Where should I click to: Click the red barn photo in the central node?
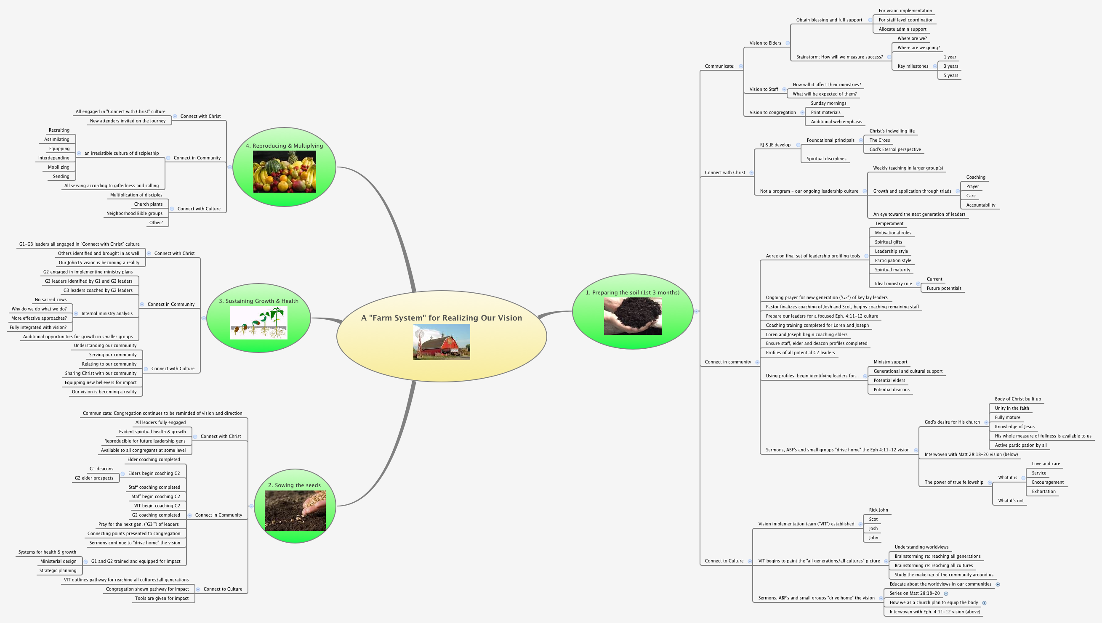coord(442,342)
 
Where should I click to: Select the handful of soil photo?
coord(632,316)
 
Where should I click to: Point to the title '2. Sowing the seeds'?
coord(295,485)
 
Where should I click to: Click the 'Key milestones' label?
coord(913,66)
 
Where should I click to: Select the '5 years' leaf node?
coord(951,76)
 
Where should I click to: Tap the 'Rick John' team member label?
coord(878,510)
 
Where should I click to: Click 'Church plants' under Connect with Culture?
coord(148,204)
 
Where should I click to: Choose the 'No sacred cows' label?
coord(51,300)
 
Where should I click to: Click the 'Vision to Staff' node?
coord(763,90)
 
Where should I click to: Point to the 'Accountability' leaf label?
coord(980,205)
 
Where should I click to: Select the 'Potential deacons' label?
coord(892,390)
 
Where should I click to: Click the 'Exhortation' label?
coord(1043,492)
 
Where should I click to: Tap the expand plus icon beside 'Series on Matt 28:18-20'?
coord(946,594)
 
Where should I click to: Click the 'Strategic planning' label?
coord(58,570)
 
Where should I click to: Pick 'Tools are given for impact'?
coord(162,598)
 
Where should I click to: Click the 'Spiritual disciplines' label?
coord(826,159)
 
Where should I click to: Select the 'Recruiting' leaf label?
coord(59,130)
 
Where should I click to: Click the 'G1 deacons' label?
coord(101,469)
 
